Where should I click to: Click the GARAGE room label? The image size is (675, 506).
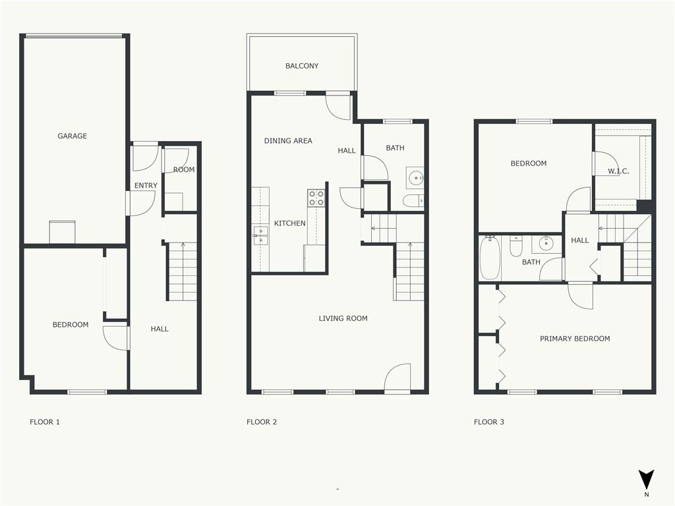click(x=73, y=136)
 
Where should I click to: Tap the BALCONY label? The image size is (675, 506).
click(x=302, y=66)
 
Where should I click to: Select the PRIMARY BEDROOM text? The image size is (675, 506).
click(x=575, y=339)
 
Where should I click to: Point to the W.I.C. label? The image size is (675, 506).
click(x=618, y=171)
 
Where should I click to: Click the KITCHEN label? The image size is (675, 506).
click(x=290, y=223)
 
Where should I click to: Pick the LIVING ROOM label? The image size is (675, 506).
click(x=343, y=318)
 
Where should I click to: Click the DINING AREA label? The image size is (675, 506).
click(x=288, y=141)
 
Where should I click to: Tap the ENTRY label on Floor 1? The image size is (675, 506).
click(x=146, y=185)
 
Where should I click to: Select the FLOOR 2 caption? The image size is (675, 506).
click(x=262, y=422)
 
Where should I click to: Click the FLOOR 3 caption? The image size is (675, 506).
click(x=489, y=422)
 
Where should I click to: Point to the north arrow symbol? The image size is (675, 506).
click(x=646, y=480)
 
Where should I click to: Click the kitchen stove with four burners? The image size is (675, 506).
click(x=316, y=198)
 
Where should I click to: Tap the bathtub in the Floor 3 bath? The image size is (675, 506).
click(x=490, y=258)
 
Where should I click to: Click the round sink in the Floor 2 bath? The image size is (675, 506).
click(x=415, y=177)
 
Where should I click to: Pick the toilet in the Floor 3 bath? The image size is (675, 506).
click(x=516, y=246)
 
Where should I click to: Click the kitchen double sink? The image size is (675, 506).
click(x=260, y=236)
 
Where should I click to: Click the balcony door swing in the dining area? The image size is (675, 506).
click(x=338, y=107)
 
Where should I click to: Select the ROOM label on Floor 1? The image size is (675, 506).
click(x=184, y=169)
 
